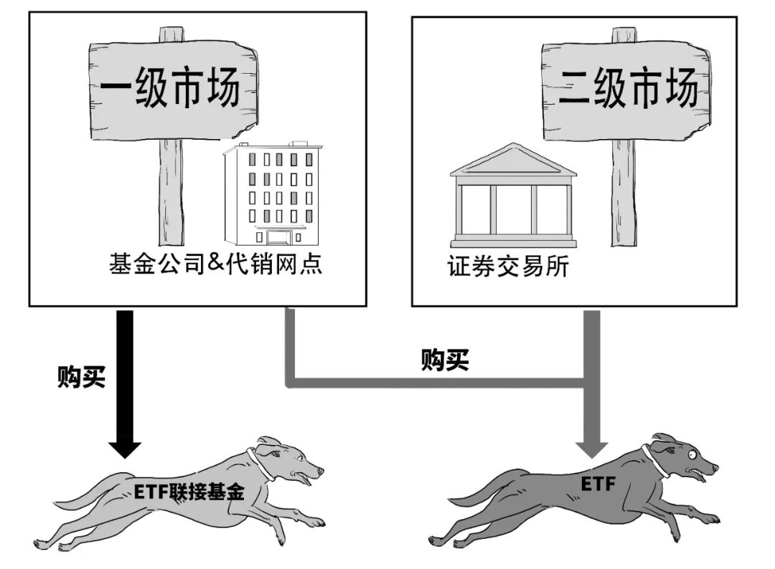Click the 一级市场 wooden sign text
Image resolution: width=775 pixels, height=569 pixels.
(x=169, y=89)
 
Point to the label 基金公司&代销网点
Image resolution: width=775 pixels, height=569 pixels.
(x=215, y=264)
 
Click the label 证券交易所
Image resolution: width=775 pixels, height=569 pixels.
(x=507, y=267)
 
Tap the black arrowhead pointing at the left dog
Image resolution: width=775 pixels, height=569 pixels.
(x=124, y=446)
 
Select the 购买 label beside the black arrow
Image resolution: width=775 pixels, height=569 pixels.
(x=81, y=376)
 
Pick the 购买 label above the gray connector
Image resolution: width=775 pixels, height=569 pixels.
(x=445, y=360)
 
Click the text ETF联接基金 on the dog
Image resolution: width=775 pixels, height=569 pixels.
(x=189, y=492)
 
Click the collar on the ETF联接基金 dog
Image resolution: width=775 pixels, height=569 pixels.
(x=258, y=464)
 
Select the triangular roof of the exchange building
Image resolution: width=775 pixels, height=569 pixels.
(x=512, y=160)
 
